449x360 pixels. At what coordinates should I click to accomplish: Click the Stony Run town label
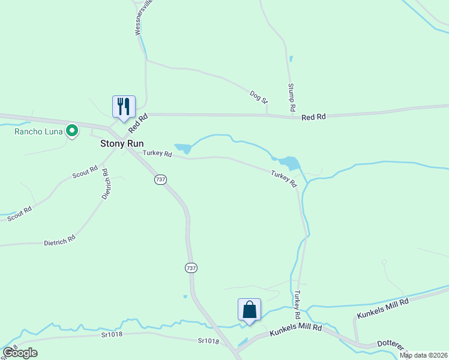click(121, 144)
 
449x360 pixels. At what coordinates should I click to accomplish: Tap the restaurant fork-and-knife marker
click(124, 107)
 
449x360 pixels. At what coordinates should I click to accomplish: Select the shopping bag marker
click(249, 310)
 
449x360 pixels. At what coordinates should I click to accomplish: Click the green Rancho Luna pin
click(72, 130)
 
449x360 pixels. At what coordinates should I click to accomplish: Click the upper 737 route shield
click(160, 179)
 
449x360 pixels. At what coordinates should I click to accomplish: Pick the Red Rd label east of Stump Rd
click(313, 117)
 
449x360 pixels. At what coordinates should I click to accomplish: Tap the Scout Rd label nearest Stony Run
click(85, 173)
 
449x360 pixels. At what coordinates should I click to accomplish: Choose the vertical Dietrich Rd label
click(106, 184)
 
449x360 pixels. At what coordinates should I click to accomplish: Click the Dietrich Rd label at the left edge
click(59, 241)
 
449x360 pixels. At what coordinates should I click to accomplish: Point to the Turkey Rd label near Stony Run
click(157, 154)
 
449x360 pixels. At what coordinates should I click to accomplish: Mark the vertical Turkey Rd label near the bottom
click(297, 305)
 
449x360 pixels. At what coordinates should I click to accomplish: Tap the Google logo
click(20, 353)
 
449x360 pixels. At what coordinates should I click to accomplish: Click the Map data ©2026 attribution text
click(423, 355)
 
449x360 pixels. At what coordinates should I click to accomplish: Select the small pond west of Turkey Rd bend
click(183, 148)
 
